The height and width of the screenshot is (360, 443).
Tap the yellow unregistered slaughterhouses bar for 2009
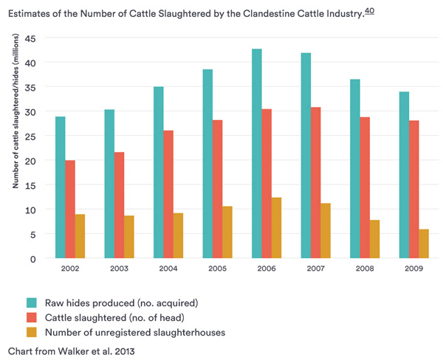tap(424, 244)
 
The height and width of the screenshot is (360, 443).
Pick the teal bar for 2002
tap(60, 187)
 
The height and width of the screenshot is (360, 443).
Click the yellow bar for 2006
tap(276, 228)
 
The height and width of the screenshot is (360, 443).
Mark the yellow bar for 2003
tap(129, 237)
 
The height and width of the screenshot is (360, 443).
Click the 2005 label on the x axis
tap(217, 268)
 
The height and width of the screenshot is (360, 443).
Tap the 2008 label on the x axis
tap(365, 268)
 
